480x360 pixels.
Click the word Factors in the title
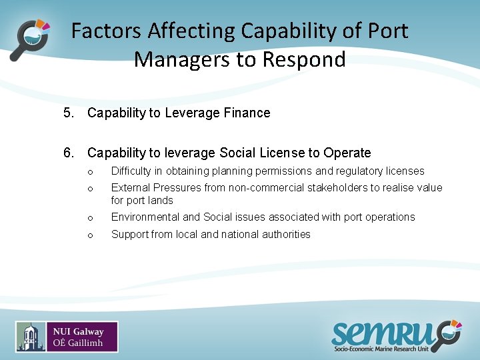[x=106, y=31]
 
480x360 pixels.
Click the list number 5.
[x=68, y=113]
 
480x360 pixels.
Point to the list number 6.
[x=68, y=153]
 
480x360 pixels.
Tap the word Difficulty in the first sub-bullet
[x=133, y=171]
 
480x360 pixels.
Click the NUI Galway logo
[x=67, y=337]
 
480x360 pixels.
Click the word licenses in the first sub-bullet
[x=405, y=171]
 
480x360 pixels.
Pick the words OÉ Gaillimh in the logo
[x=79, y=343]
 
